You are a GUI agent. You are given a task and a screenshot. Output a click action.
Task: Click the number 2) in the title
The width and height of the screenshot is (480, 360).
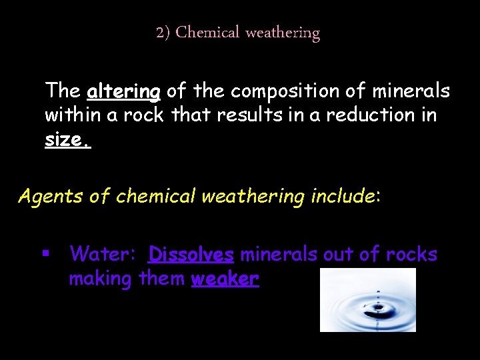point(163,33)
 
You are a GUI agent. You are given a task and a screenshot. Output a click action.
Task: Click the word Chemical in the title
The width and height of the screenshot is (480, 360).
point(207,33)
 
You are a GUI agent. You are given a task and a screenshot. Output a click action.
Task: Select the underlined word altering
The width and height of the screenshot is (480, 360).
point(123,91)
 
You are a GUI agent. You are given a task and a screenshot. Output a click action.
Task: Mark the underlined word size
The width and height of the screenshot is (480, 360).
point(67,140)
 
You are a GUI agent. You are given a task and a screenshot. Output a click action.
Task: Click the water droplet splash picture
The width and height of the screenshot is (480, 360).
point(367,299)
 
